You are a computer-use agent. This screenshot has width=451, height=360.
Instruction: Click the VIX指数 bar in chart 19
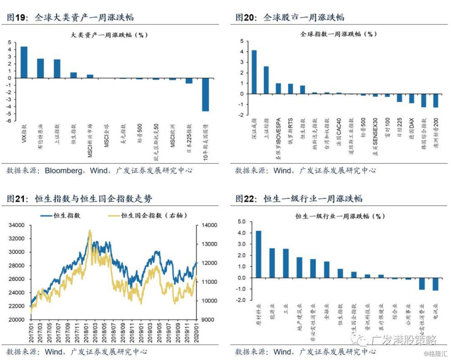[24, 62]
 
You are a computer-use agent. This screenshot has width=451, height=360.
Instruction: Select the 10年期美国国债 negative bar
[205, 94]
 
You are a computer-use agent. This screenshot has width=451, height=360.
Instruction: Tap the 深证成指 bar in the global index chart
[254, 72]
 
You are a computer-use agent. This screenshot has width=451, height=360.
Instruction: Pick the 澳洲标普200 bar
[436, 101]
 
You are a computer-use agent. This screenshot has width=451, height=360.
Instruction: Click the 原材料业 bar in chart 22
[258, 254]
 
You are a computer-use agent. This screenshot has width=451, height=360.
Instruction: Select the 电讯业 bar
[435, 284]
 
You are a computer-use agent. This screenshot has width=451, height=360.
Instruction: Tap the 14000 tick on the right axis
[206, 225]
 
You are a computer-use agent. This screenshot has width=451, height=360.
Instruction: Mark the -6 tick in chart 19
[9, 121]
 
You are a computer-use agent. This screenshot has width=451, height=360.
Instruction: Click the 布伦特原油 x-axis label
[41, 138]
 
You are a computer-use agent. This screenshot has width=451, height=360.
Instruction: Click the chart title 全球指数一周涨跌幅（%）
[338, 34]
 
